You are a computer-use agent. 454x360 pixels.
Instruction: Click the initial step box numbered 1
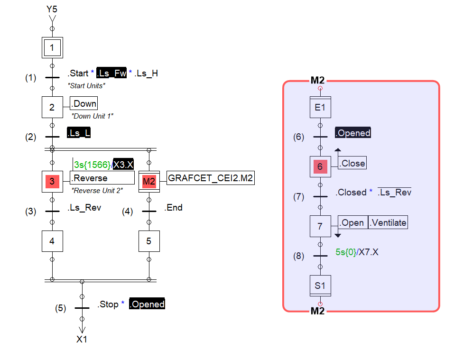click(52, 47)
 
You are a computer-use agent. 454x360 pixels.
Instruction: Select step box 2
click(52, 107)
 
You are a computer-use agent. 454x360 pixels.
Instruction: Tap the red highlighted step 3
click(52, 181)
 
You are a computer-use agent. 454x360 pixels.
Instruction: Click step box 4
click(52, 241)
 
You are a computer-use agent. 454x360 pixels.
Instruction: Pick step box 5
click(149, 241)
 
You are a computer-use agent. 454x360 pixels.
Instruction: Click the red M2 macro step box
click(149, 181)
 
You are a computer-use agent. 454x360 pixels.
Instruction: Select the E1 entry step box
click(320, 107)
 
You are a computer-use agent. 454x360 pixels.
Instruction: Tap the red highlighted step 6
click(320, 167)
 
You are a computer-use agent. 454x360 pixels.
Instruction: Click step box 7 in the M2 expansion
click(320, 226)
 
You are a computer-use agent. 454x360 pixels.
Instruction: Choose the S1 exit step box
click(320, 286)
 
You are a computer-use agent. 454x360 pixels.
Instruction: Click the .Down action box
click(84, 104)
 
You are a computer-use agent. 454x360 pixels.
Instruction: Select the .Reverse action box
click(102, 178)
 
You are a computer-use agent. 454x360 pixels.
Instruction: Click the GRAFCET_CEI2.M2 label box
click(210, 178)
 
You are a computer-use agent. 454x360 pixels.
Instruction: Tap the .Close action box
click(352, 163)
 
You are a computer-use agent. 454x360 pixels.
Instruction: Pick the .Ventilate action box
click(388, 222)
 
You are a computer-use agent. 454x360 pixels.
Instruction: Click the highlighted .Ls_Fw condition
click(111, 73)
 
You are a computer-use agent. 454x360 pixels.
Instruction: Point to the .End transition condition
click(174, 208)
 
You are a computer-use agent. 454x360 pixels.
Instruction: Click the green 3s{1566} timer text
click(92, 165)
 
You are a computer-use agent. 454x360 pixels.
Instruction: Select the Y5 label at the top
click(52, 9)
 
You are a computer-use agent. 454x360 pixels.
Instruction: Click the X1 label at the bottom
click(82, 339)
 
